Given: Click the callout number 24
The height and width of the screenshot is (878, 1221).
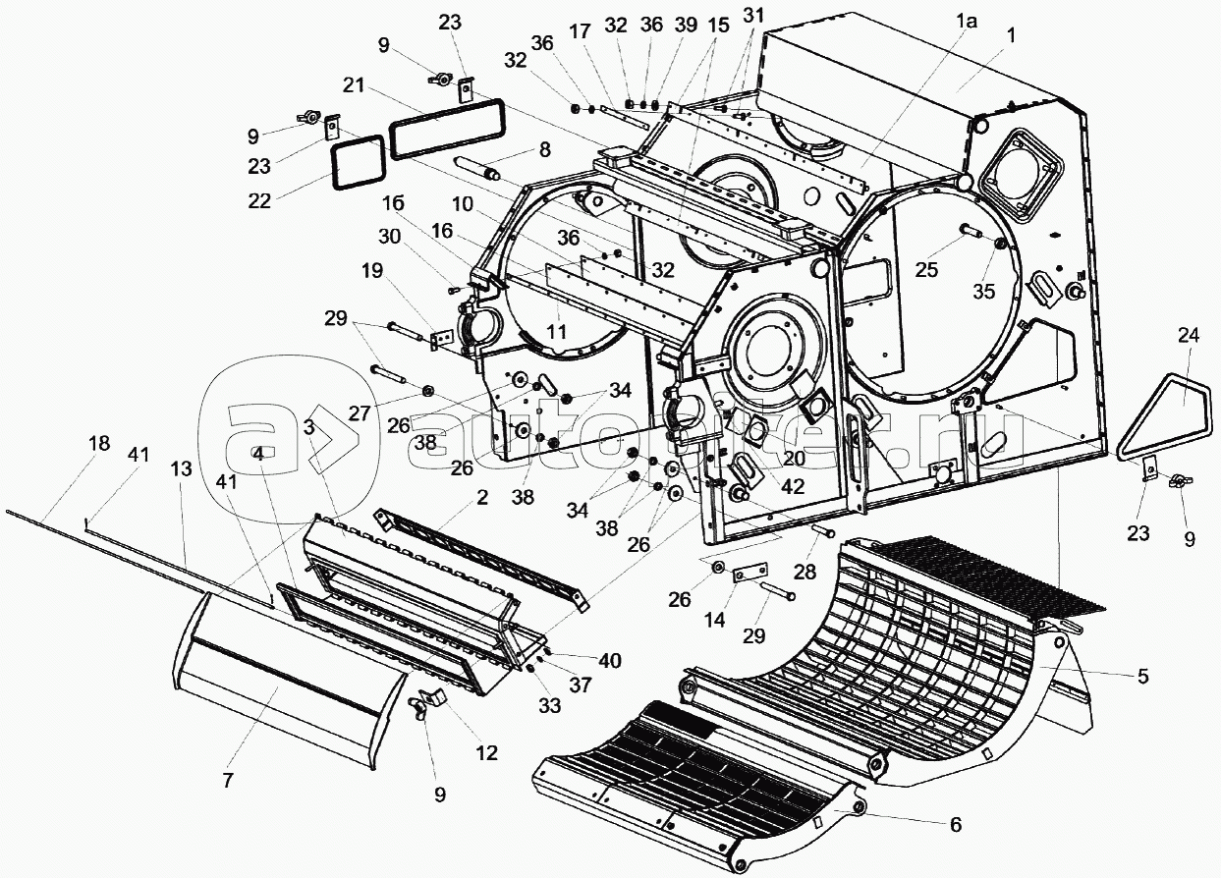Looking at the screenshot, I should pyautogui.click(x=1189, y=336).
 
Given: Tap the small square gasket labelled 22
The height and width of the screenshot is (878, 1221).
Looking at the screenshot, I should pyautogui.click(x=359, y=161).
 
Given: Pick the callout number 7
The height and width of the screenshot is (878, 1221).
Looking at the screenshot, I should pyautogui.click(x=228, y=782).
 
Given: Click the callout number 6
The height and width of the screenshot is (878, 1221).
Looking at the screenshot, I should pyautogui.click(x=956, y=824).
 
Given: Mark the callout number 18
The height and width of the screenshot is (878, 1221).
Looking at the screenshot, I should pyautogui.click(x=98, y=444).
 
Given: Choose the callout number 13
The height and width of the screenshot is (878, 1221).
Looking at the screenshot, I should pyautogui.click(x=182, y=470).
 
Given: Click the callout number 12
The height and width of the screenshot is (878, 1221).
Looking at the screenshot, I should pyautogui.click(x=485, y=753).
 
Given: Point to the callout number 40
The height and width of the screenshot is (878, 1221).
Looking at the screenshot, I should pyautogui.click(x=611, y=661).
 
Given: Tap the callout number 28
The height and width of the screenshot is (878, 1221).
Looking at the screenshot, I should pyautogui.click(x=805, y=572).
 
